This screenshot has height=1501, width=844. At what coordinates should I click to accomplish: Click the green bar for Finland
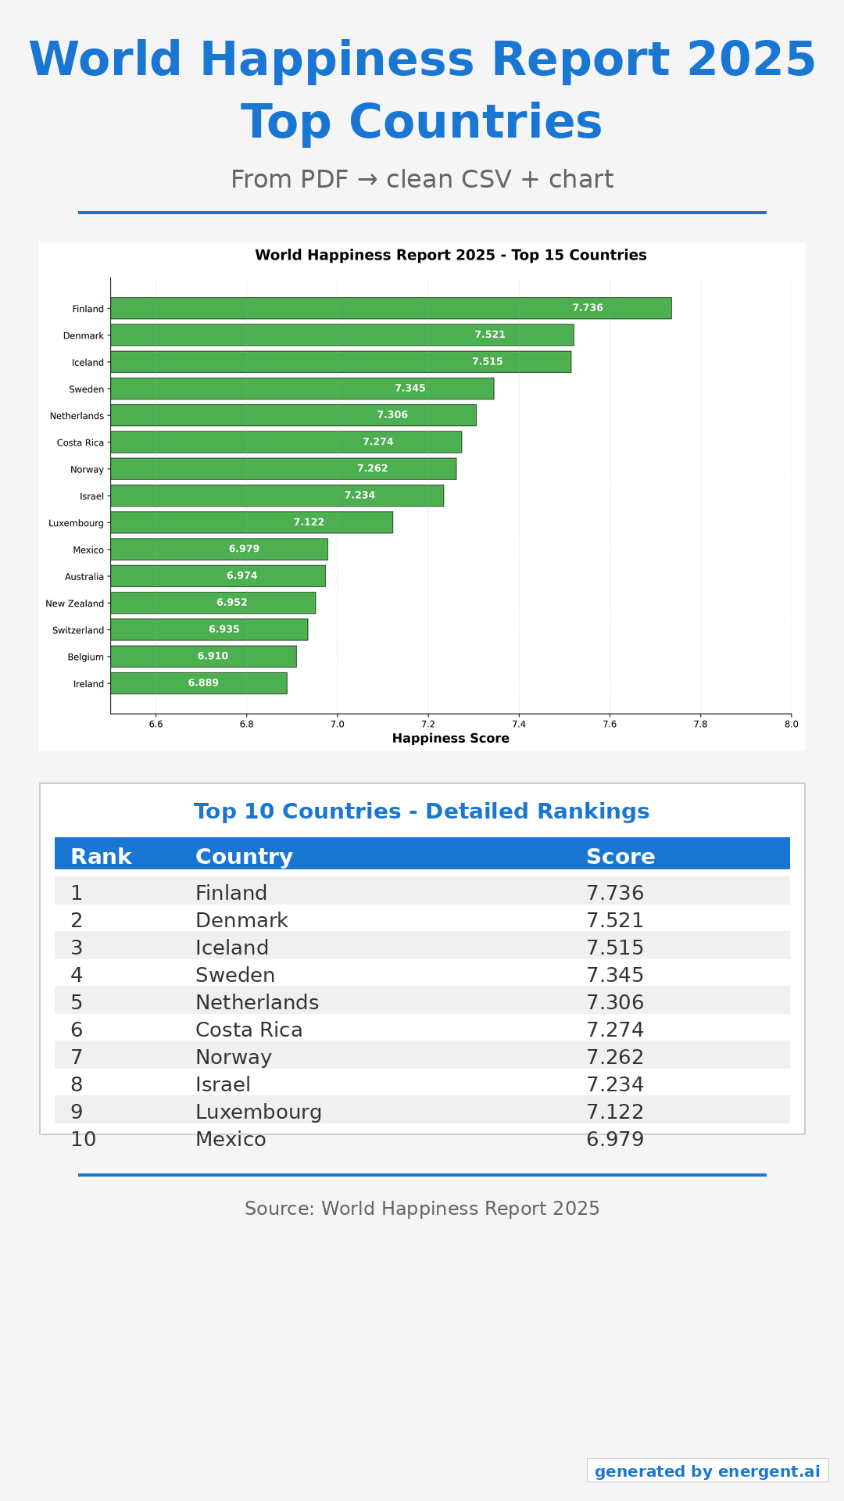(x=391, y=308)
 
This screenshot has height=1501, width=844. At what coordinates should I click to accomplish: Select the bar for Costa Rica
(x=286, y=442)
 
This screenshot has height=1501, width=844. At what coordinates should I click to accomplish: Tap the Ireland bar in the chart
(x=198, y=683)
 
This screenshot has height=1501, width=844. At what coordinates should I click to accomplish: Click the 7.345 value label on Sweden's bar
(x=410, y=389)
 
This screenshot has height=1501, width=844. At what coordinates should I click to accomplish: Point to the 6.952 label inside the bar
(x=232, y=603)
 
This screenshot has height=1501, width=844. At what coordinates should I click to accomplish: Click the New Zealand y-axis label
(x=74, y=604)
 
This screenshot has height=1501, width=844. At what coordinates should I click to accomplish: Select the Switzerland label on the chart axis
(x=78, y=630)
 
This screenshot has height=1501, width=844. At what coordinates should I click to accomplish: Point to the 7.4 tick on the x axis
(x=519, y=724)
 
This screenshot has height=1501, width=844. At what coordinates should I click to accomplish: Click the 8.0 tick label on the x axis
(x=791, y=724)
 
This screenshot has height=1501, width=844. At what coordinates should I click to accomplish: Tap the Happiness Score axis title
(x=451, y=739)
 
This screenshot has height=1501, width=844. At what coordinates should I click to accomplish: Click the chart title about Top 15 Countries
(x=451, y=256)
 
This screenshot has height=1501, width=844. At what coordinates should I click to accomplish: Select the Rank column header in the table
(x=101, y=857)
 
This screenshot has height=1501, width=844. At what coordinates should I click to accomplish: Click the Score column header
(x=620, y=857)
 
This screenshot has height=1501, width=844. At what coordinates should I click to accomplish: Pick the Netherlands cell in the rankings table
(x=257, y=1002)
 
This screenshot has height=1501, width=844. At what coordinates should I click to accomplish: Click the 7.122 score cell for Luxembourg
(x=615, y=1112)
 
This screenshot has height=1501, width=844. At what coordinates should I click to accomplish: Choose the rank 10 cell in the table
(x=83, y=1139)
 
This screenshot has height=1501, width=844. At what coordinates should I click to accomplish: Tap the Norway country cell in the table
(x=234, y=1057)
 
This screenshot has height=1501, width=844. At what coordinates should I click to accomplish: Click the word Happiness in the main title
(x=337, y=60)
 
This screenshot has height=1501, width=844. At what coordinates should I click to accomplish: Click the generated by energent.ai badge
(x=707, y=1471)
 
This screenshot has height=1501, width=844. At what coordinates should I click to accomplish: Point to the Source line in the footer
(x=422, y=1209)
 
